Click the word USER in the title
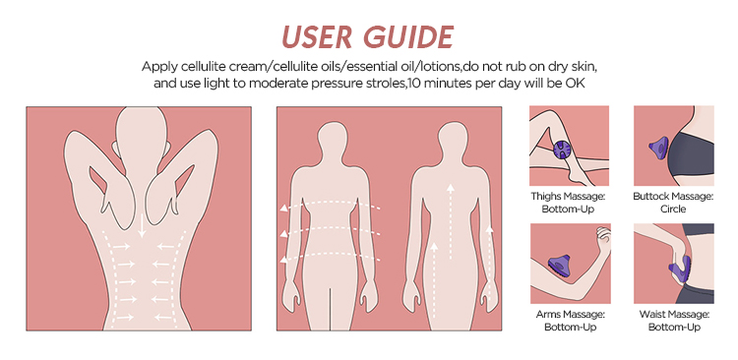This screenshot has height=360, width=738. pos(316,36)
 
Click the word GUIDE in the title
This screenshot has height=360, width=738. pos(408,36)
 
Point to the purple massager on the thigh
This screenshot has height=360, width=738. pos(563,151)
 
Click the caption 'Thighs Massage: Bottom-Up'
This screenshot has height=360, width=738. pos(568,203)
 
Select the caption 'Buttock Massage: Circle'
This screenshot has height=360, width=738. pos(673,203)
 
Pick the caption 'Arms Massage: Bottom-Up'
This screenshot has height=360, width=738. pos(570,320)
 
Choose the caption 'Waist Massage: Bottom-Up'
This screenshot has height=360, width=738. pos(674,320)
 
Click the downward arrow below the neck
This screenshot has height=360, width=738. pos(142,226)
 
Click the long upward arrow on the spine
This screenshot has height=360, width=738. pos(451,221)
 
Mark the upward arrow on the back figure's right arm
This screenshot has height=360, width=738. pos(489,264)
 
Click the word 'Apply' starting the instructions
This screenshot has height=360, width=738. pos(155,67)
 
